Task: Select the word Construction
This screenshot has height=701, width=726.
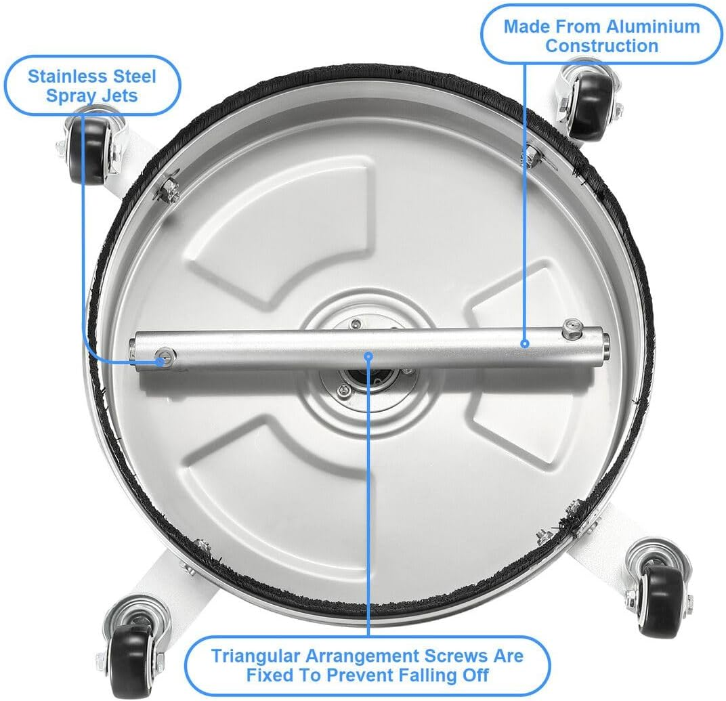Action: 601,46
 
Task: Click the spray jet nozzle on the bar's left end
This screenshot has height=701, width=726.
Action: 163,359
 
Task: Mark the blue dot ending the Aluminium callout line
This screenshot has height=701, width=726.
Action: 525,343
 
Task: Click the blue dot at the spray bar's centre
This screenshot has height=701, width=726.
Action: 368,354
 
